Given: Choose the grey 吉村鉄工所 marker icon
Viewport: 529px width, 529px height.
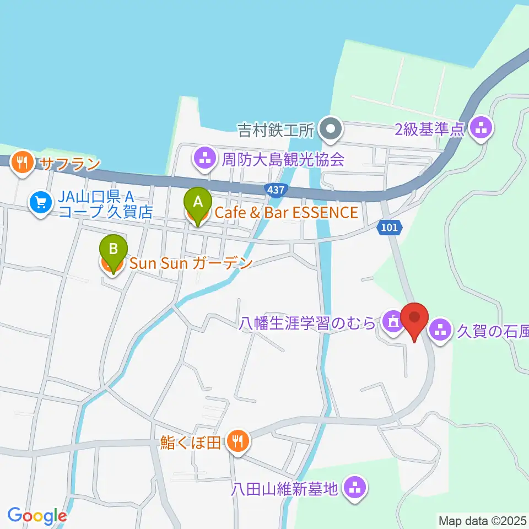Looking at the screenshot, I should click(x=331, y=131).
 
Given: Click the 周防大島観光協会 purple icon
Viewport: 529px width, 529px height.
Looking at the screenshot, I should click(x=205, y=159).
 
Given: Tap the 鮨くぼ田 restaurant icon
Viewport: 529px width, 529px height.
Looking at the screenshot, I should click(x=238, y=440).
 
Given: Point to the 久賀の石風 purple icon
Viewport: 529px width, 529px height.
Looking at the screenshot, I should click(x=440, y=330).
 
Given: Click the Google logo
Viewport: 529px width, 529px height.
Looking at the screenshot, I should click(x=37, y=516).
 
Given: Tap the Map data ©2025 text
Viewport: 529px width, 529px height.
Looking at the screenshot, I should click(x=483, y=520).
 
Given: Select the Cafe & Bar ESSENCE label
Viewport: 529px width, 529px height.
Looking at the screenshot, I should click(x=284, y=212).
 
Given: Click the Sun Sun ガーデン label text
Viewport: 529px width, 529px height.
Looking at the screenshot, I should click(x=191, y=263).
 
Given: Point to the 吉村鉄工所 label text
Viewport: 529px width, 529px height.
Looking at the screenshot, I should click(x=276, y=131).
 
